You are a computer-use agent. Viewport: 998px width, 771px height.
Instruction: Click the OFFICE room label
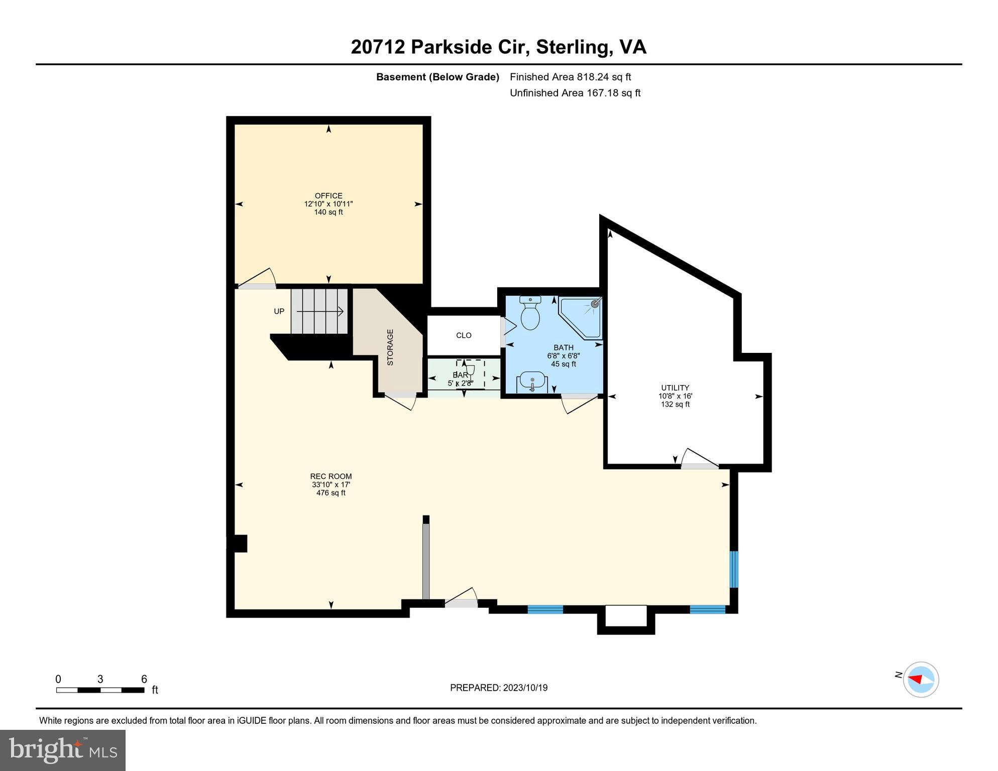click(328, 196)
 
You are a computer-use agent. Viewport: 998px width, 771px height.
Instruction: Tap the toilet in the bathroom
click(530, 313)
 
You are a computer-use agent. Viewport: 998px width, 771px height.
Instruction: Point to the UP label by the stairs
click(279, 311)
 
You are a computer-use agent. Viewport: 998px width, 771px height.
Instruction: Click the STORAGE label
click(390, 347)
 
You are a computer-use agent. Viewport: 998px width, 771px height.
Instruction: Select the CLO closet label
click(464, 335)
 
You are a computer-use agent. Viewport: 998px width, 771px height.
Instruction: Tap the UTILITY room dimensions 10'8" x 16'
click(675, 396)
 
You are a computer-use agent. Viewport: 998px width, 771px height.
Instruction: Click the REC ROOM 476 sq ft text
click(330, 493)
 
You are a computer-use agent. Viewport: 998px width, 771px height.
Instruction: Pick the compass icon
click(921, 680)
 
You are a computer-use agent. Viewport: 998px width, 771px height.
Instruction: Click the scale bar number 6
click(144, 679)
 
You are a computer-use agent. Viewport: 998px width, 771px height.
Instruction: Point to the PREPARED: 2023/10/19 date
click(498, 688)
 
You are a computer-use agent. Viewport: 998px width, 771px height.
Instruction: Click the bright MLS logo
click(62, 750)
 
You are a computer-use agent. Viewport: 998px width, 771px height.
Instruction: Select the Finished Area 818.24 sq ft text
click(570, 77)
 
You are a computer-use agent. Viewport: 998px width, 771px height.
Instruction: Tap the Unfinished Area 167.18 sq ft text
click(575, 93)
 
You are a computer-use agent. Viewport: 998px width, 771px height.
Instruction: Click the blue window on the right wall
click(733, 569)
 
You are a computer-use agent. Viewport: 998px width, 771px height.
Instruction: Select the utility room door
click(699, 459)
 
